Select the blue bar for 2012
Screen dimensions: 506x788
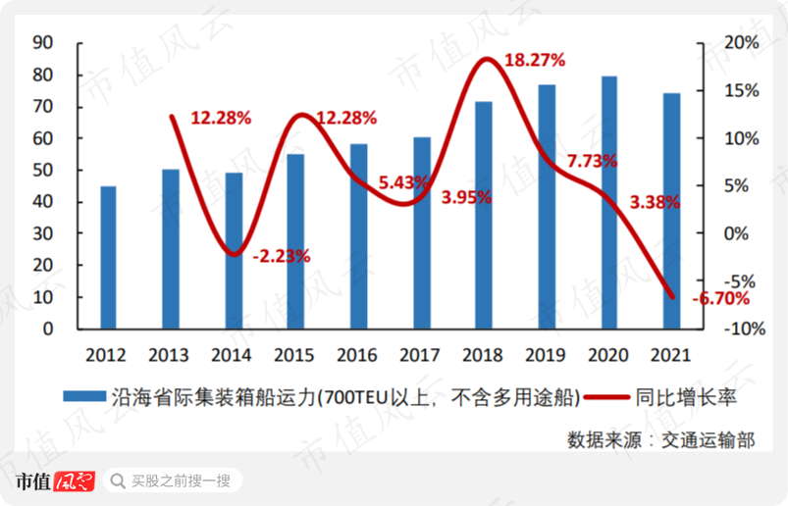click(x=108, y=257)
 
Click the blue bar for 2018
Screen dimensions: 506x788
click(x=484, y=215)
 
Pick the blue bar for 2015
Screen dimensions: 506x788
click(x=296, y=240)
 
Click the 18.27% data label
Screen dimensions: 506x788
click(x=534, y=60)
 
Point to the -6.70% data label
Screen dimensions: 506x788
click(x=719, y=299)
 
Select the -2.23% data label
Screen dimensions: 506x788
click(x=282, y=256)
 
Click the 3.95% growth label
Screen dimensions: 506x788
click(x=466, y=197)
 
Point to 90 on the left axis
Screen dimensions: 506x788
click(x=42, y=43)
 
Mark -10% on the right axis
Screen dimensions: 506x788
click(x=745, y=329)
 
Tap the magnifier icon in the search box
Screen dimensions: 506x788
click(x=118, y=481)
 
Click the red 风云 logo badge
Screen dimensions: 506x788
click(x=74, y=481)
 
